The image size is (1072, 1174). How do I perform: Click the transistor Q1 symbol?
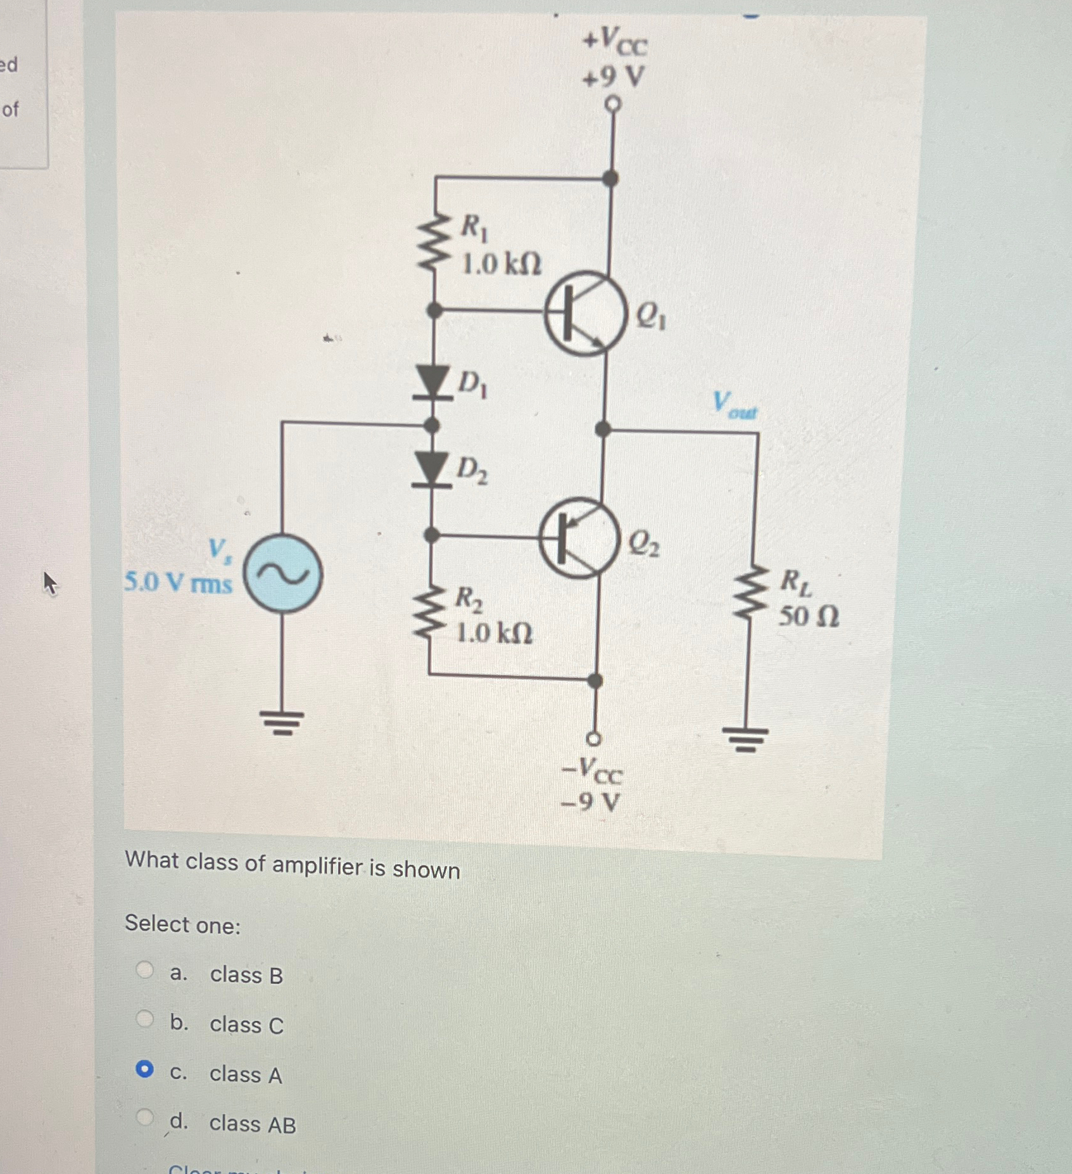coord(584,313)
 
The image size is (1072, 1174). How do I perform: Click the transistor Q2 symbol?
coord(579,539)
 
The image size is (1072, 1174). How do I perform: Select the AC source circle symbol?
coord(282,573)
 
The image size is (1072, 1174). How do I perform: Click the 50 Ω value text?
coord(809,616)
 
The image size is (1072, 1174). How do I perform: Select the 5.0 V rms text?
coord(178,582)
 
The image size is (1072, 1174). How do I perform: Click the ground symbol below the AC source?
coord(282,722)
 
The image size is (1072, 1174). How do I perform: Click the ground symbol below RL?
coord(747,738)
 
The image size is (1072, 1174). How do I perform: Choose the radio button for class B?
coord(145,970)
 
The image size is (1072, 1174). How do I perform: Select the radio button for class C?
coord(145,1019)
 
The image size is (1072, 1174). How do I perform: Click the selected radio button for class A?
coord(145,1069)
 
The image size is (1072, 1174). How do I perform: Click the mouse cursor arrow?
coord(49,582)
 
